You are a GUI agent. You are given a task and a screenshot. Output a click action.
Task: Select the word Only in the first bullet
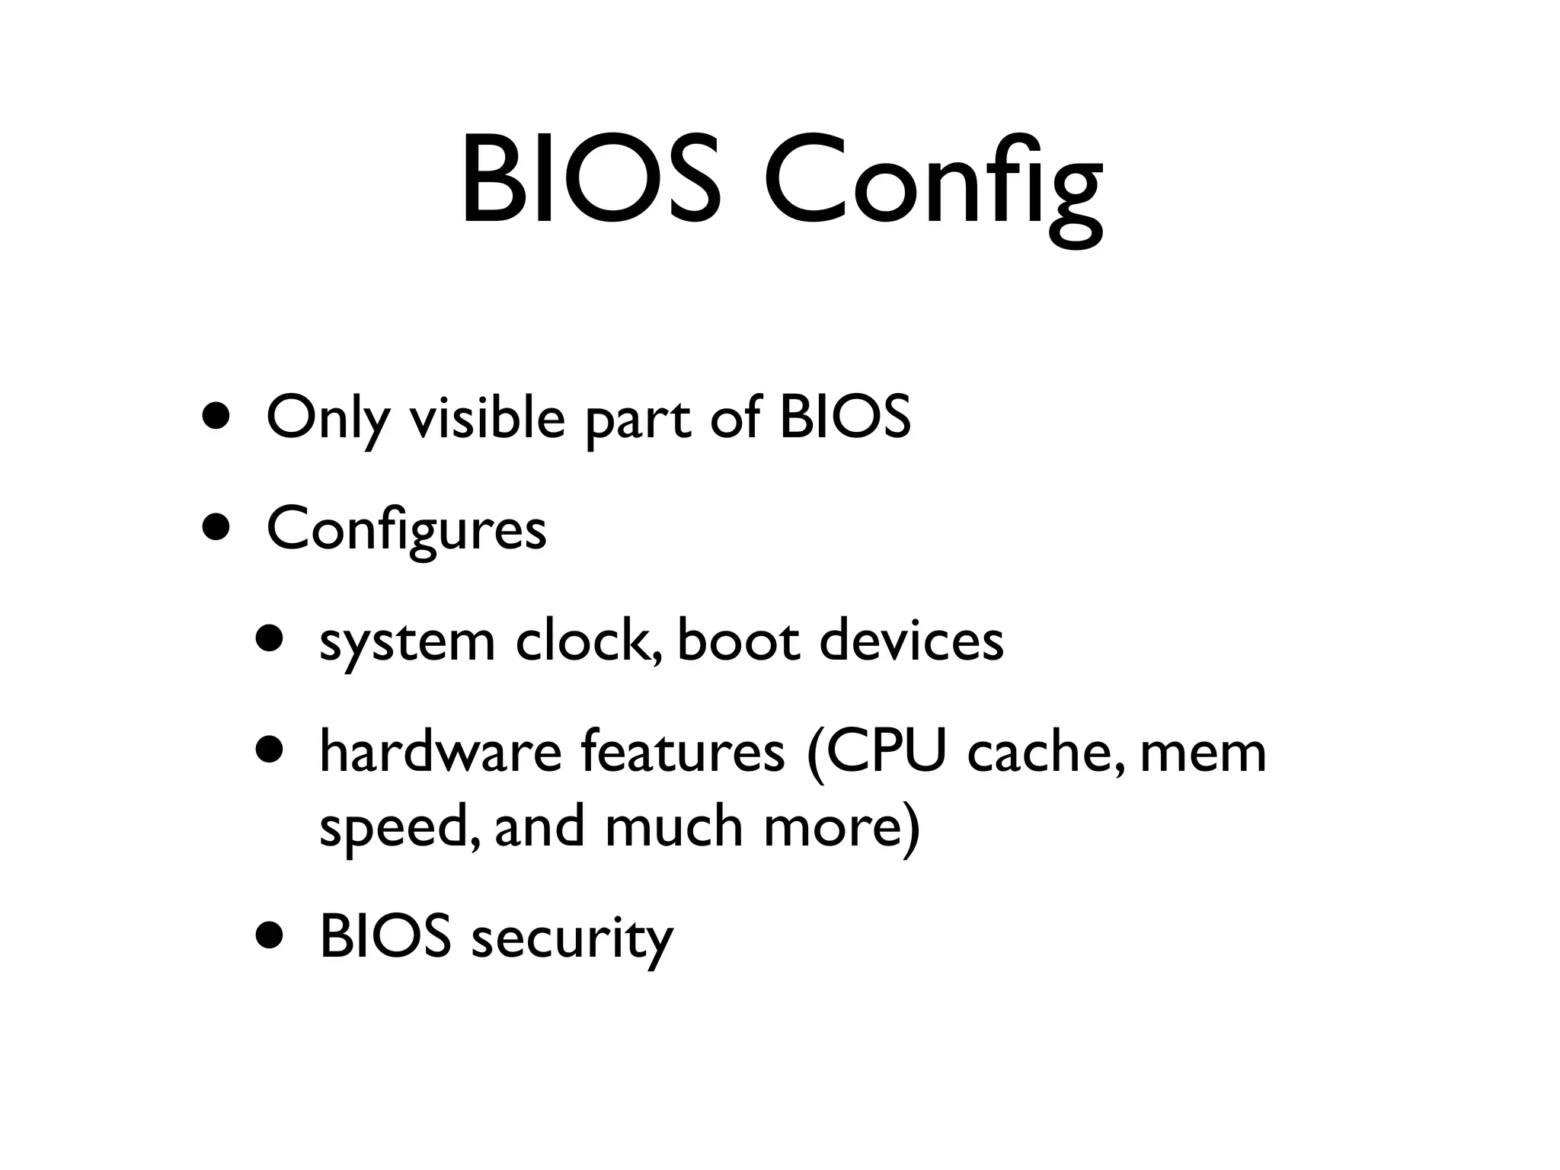[x=327, y=419]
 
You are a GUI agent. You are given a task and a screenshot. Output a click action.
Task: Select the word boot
[x=738, y=641]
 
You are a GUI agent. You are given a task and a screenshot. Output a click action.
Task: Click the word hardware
[x=441, y=753]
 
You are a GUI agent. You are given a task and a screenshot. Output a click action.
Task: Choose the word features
[x=682, y=753]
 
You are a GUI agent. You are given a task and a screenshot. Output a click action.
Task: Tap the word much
[x=673, y=827]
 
